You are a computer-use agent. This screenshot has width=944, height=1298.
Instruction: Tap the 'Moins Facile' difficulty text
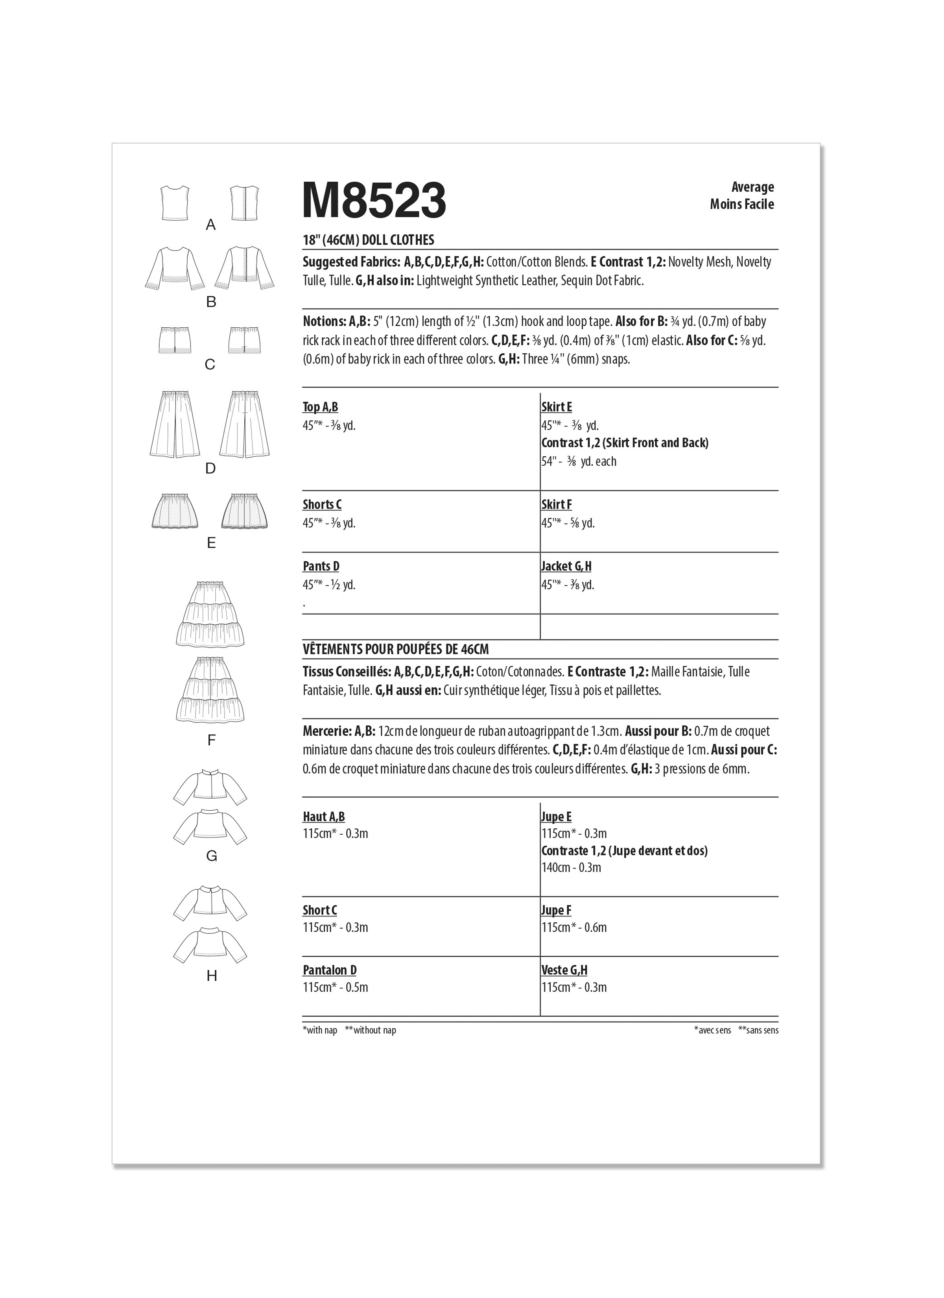(x=741, y=204)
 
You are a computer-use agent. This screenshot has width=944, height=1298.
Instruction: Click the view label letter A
(x=211, y=225)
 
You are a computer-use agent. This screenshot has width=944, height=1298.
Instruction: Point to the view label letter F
(x=211, y=741)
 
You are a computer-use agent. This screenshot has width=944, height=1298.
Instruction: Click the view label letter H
(x=212, y=976)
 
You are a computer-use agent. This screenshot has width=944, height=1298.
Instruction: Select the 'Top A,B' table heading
(x=320, y=407)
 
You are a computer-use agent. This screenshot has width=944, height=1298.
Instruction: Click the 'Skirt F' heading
(x=557, y=505)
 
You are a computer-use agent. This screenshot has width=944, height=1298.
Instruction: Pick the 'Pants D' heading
(x=321, y=566)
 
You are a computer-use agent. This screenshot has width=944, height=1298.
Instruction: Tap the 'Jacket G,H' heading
(x=566, y=566)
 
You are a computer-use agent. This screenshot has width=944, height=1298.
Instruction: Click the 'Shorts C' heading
(x=322, y=505)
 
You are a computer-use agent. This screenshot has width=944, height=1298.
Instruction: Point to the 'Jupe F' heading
(x=556, y=911)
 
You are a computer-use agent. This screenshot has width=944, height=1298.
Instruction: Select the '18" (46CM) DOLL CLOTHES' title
(x=368, y=240)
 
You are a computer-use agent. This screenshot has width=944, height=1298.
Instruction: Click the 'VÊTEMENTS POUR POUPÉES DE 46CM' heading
(x=396, y=649)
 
